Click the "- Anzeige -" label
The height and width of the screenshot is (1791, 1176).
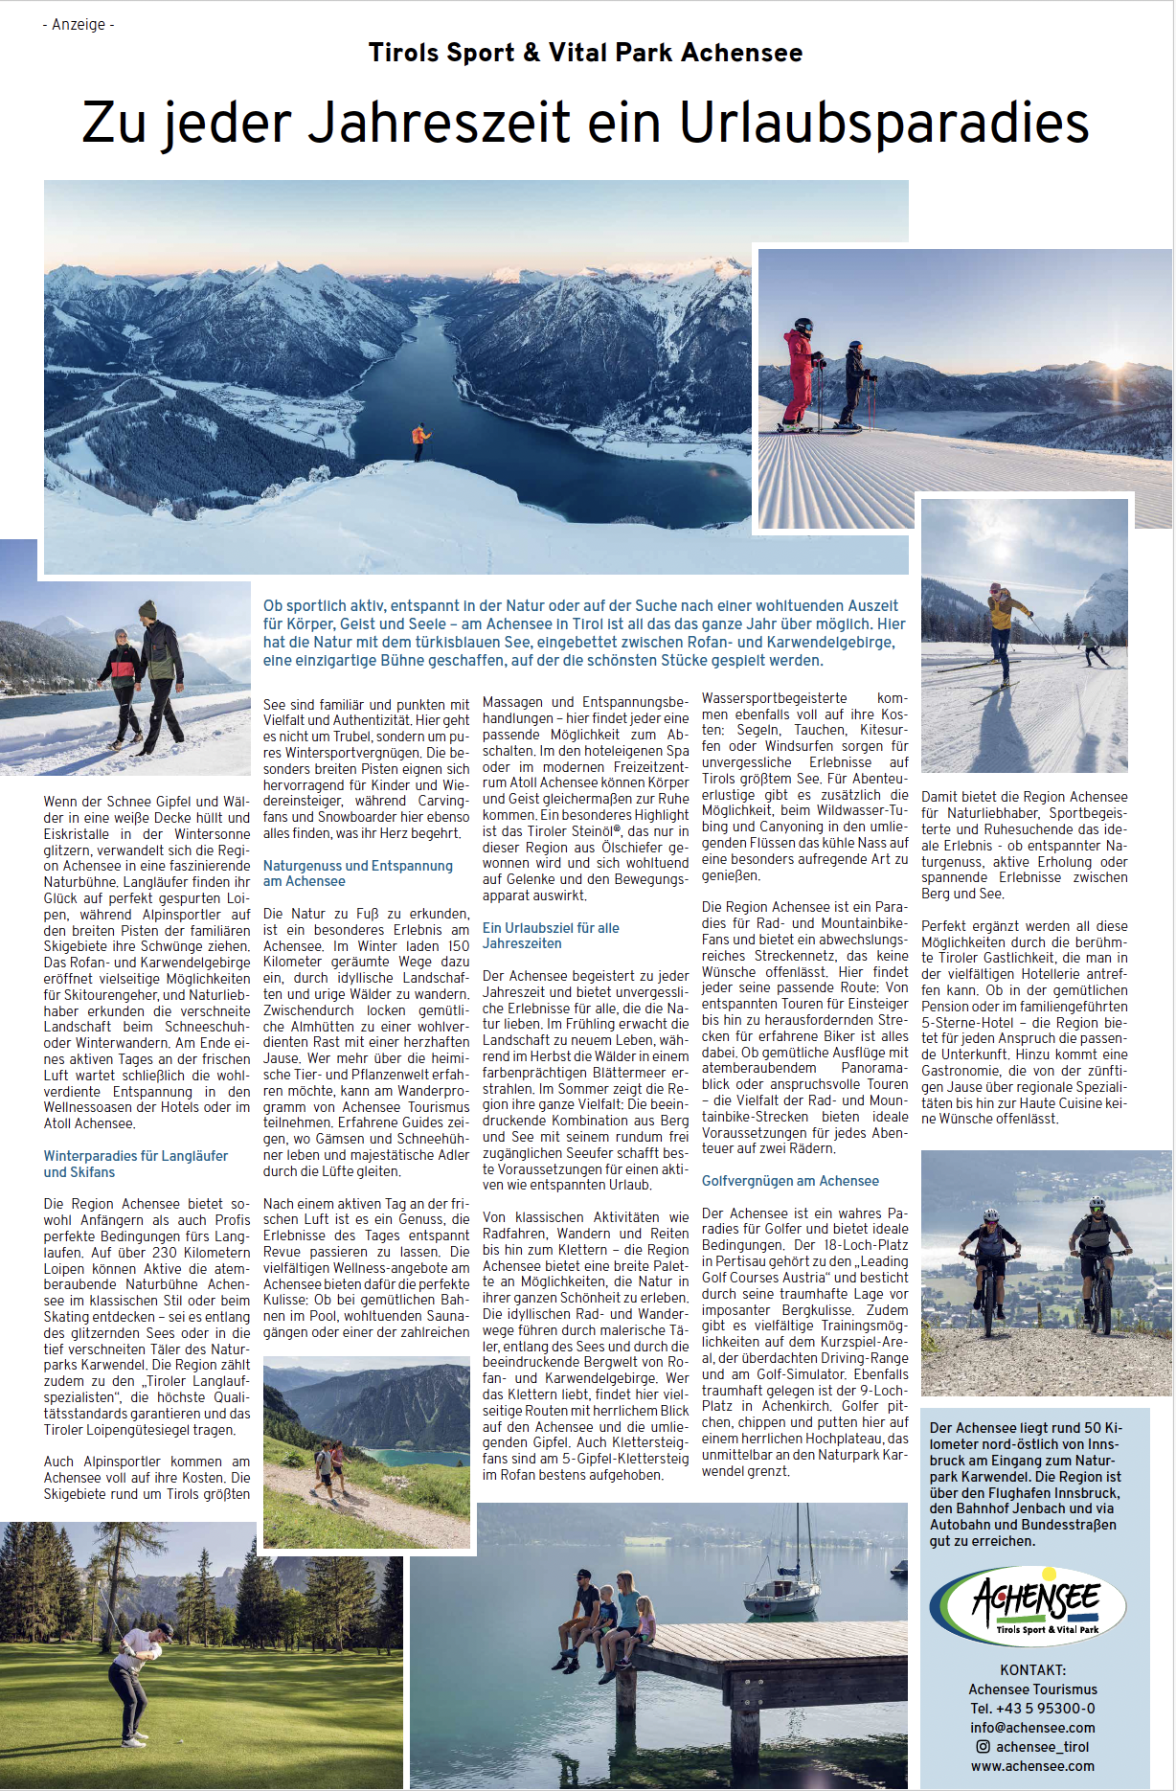pyautogui.click(x=79, y=24)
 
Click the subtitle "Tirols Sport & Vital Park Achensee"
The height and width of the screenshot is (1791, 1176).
pyautogui.click(x=585, y=53)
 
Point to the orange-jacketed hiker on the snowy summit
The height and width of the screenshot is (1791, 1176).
pyautogui.click(x=420, y=442)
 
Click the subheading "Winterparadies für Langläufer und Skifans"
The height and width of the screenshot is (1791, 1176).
pyautogui.click(x=135, y=1164)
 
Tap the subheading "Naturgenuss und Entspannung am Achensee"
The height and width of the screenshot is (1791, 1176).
pyautogui.click(x=357, y=873)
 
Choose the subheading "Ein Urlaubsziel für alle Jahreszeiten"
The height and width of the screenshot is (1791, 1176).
pyautogui.click(x=551, y=935)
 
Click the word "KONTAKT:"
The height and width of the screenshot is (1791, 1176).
pyautogui.click(x=1032, y=1669)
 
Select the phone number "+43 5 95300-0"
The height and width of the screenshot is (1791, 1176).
pyautogui.click(x=1047, y=1708)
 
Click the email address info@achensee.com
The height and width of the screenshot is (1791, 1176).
pyautogui.click(x=1032, y=1727)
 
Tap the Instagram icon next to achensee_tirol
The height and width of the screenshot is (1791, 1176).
pyautogui.click(x=983, y=1746)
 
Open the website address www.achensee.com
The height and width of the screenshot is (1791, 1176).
pyautogui.click(x=1032, y=1765)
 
